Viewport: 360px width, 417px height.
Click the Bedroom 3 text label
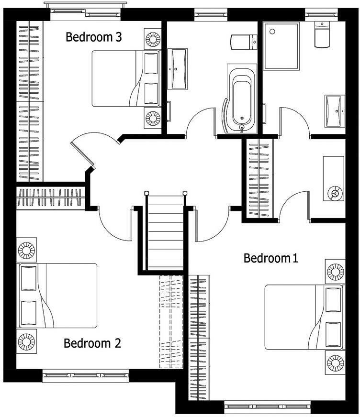tap(93, 37)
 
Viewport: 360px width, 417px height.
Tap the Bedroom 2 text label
tap(92, 343)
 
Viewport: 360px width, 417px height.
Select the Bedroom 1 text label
tap(271, 258)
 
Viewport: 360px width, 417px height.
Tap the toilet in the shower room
tap(322, 35)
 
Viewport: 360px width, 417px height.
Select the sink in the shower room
tap(335, 110)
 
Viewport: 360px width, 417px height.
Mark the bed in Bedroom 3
tap(126, 78)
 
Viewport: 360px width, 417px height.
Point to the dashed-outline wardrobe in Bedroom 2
tap(171, 321)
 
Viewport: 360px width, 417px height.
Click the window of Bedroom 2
tap(86, 376)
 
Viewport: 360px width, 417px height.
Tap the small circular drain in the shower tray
tap(272, 32)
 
